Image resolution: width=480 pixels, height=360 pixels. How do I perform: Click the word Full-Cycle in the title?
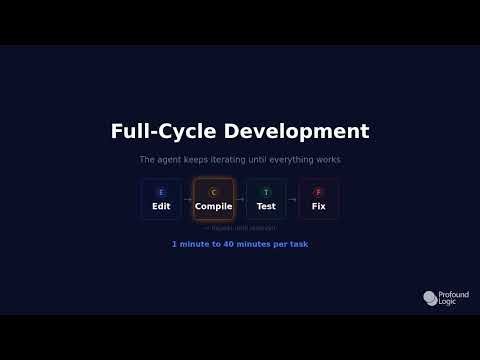[x=151, y=132]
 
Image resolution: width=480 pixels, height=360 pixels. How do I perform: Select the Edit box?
[x=161, y=199]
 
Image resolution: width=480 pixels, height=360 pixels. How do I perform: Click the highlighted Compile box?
[x=213, y=199]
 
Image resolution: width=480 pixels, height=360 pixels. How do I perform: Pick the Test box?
[x=266, y=199]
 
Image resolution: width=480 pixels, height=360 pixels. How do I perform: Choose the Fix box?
[x=318, y=199]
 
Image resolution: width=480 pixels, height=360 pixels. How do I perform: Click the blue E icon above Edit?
[x=161, y=192]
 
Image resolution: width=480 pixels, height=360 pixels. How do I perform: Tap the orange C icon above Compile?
[x=213, y=192]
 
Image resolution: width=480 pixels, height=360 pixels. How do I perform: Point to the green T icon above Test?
[x=266, y=192]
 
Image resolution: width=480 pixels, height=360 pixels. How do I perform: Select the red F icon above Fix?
[x=318, y=192]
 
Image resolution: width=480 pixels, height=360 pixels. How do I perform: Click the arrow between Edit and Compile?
[x=187, y=200]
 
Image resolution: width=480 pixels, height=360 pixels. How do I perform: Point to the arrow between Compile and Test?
[x=240, y=200]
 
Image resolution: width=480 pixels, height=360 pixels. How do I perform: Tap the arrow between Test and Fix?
[x=292, y=200]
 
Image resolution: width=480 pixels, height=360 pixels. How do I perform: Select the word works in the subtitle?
[x=327, y=160]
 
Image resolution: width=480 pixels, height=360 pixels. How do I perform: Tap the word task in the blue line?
[x=298, y=244]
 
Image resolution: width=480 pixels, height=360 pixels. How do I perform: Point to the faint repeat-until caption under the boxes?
[x=240, y=228]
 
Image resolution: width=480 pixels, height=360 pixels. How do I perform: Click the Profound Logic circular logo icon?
[x=429, y=298]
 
